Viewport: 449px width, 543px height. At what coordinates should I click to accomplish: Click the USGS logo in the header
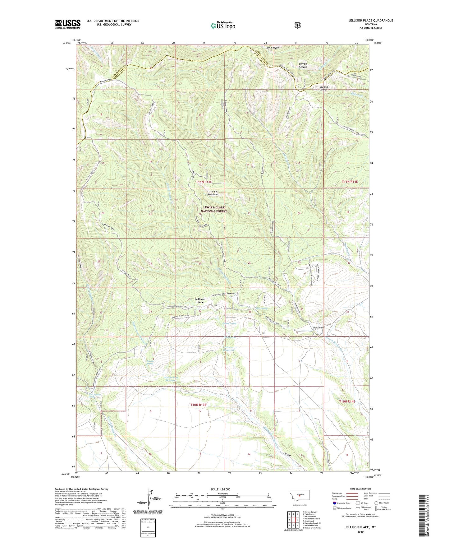tap(68, 24)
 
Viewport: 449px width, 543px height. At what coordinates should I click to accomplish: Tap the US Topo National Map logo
tap(222, 26)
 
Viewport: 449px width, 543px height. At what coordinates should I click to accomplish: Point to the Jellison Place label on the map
tap(200, 300)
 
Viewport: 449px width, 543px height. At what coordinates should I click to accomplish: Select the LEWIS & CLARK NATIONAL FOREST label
tap(214, 209)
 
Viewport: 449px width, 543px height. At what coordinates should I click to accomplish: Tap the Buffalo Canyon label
tap(303, 65)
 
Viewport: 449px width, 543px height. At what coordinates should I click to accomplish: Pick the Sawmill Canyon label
tap(324, 88)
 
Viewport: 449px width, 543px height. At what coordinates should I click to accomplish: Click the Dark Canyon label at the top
tap(272, 48)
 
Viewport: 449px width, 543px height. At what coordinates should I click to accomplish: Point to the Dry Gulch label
tap(318, 327)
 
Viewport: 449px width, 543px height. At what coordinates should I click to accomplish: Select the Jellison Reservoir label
tap(229, 349)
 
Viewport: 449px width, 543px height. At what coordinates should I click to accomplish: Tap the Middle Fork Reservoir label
tap(171, 378)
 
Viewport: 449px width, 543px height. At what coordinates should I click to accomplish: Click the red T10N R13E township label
tap(198, 405)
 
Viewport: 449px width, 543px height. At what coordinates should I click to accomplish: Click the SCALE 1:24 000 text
tap(220, 489)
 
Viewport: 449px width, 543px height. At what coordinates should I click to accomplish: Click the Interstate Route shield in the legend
tap(334, 503)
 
